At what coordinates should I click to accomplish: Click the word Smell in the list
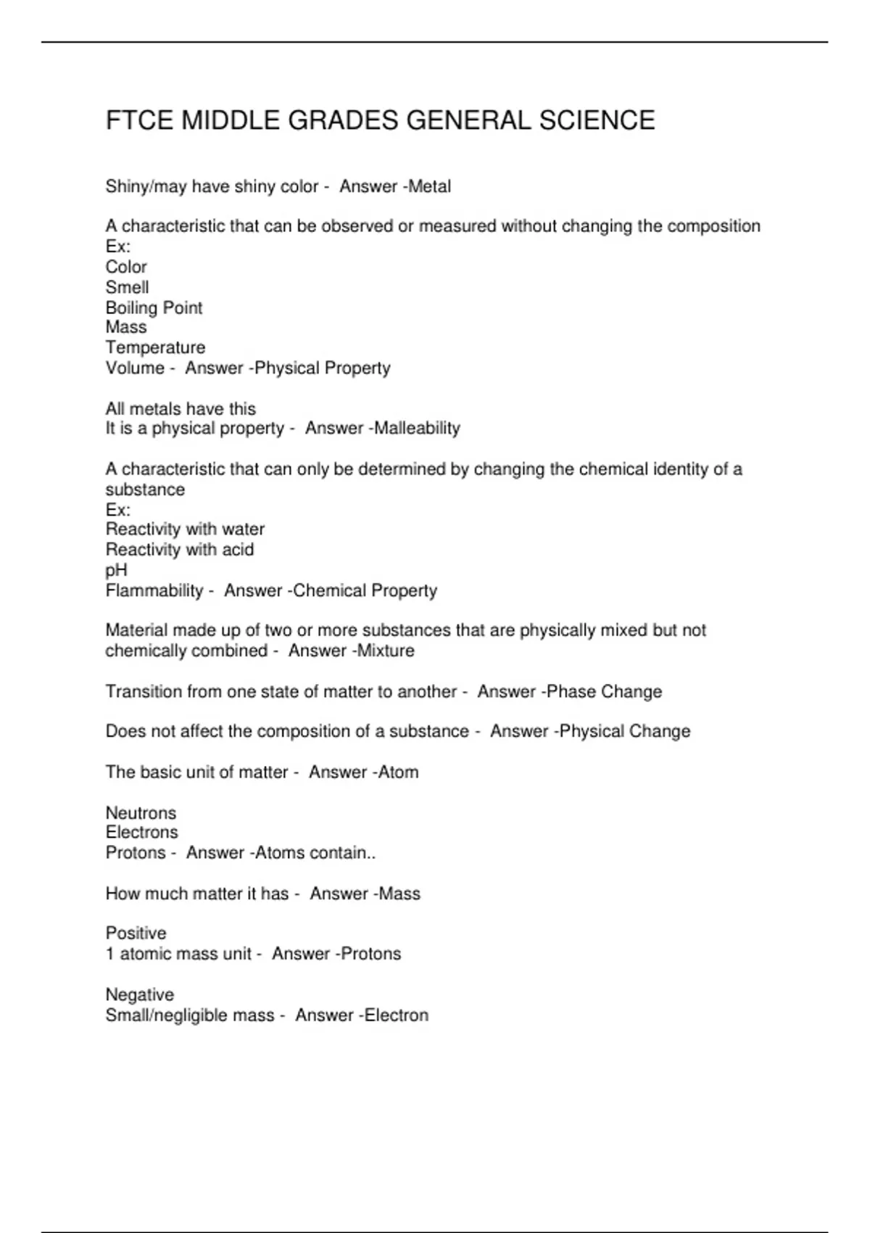(127, 287)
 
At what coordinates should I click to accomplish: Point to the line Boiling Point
(154, 308)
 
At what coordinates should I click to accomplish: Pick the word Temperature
(155, 347)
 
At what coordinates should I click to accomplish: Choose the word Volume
(135, 368)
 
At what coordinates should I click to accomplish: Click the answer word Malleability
(417, 429)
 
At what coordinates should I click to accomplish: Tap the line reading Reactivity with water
(185, 529)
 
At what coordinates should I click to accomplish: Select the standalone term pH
(116, 570)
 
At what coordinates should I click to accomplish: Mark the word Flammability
(154, 590)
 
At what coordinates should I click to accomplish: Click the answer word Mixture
(386, 651)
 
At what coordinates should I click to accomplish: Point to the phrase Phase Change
(604, 691)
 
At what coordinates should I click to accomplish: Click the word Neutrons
(141, 812)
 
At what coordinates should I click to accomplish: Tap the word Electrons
(141, 832)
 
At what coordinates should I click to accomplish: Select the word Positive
(136, 933)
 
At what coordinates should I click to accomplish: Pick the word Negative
(139, 994)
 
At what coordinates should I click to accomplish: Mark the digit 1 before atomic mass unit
(110, 954)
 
